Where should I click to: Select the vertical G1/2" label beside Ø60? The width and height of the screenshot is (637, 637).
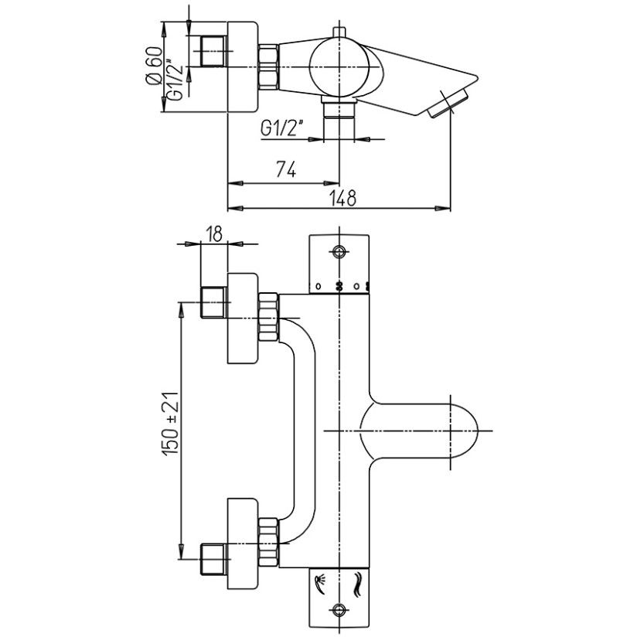point(176,71)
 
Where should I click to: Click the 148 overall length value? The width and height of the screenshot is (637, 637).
point(341,197)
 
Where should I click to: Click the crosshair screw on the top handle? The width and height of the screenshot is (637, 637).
point(339,252)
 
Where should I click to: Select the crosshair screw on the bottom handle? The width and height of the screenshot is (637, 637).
point(339,609)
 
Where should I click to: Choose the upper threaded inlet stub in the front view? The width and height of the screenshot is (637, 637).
point(213,301)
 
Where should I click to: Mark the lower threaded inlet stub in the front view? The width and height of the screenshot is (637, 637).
point(213,560)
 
